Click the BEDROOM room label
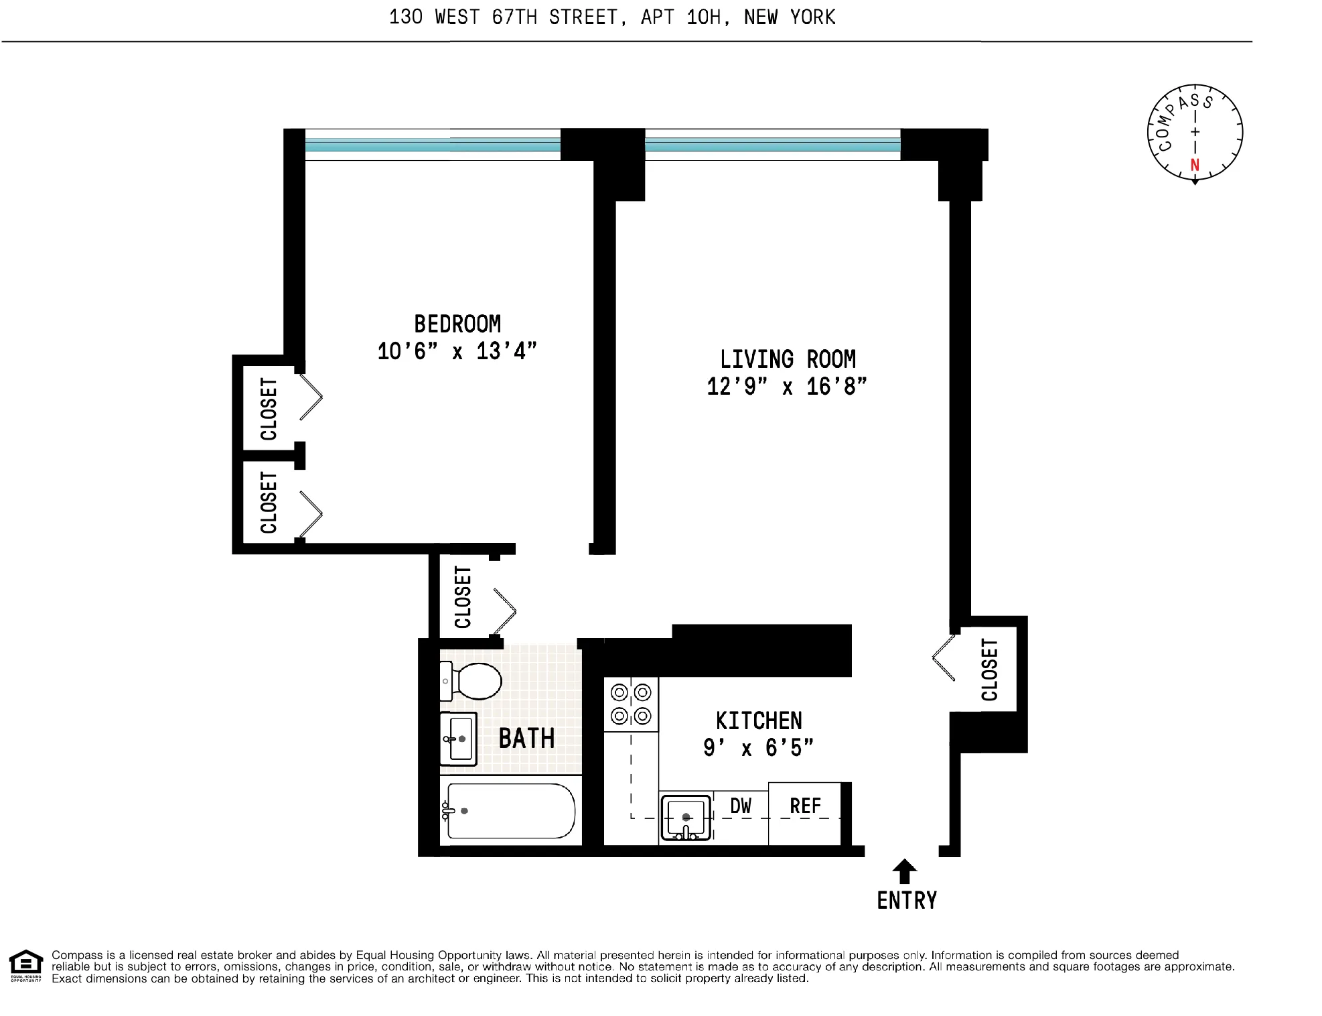pyautogui.click(x=457, y=324)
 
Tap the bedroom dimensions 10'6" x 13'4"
pyautogui.click(x=457, y=351)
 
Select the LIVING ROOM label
pyautogui.click(x=788, y=360)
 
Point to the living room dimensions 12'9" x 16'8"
pyautogui.click(x=787, y=387)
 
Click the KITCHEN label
pyautogui.click(x=759, y=721)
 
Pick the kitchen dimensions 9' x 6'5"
pyautogui.click(x=758, y=748)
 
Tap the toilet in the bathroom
pyautogui.click(x=472, y=681)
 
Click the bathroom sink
pyautogui.click(x=458, y=739)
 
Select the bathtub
pyautogui.click(x=510, y=811)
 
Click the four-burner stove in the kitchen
pyautogui.click(x=631, y=704)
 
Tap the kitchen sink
pyautogui.click(x=686, y=817)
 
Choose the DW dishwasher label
pyautogui.click(x=741, y=806)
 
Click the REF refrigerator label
pyautogui.click(x=805, y=806)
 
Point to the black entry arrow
pyautogui.click(x=904, y=871)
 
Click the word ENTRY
pyautogui.click(x=907, y=901)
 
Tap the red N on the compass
pyautogui.click(x=1195, y=165)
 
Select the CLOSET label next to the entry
pyautogui.click(x=989, y=670)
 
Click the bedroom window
pyautogui.click(x=433, y=145)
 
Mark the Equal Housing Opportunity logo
pyautogui.click(x=25, y=966)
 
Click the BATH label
pyautogui.click(x=526, y=739)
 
